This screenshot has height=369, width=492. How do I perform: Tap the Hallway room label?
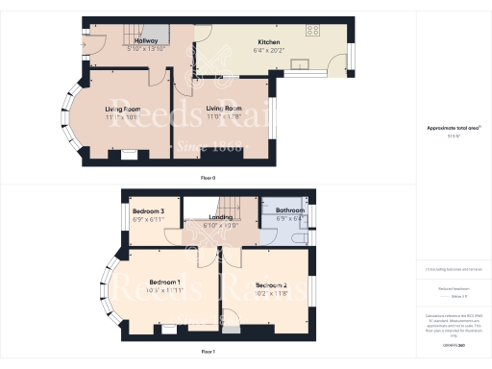click(146, 41)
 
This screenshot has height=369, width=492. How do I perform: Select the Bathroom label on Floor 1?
click(289, 210)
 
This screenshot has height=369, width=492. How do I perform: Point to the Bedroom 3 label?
click(148, 210)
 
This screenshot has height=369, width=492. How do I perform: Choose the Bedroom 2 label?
click(272, 285)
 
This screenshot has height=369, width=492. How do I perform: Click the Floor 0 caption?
click(207, 179)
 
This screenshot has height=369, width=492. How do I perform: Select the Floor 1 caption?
click(207, 353)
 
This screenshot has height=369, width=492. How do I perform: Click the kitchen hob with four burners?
click(313, 31)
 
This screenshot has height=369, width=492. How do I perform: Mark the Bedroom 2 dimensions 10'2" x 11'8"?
click(272, 294)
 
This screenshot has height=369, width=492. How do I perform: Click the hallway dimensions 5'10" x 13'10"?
click(146, 50)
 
